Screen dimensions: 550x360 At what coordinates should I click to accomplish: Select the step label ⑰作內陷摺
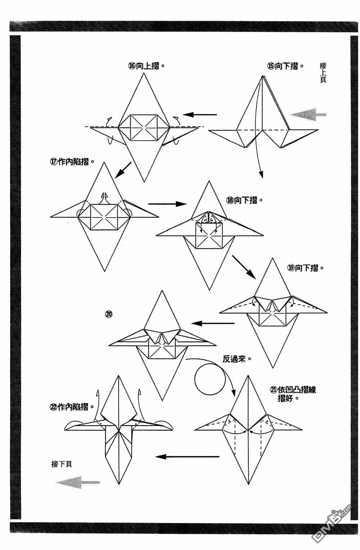(72, 162)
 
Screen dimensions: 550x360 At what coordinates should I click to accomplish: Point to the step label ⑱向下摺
(244, 200)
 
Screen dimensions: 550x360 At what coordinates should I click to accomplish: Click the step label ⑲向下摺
(305, 268)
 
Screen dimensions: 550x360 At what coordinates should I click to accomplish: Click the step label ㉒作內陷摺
(72, 407)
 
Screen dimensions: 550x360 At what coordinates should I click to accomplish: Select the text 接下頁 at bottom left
(62, 464)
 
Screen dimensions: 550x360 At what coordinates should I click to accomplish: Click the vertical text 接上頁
(323, 73)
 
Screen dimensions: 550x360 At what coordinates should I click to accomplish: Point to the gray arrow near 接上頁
(308, 115)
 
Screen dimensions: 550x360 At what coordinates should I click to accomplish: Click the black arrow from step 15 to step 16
(200, 115)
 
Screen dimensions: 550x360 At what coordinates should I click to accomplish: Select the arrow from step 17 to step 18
(167, 204)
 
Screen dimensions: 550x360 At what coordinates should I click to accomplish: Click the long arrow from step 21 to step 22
(187, 457)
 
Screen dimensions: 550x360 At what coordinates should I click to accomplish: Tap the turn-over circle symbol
(210, 378)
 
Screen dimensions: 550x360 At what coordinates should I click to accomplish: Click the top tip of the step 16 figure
(144, 73)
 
